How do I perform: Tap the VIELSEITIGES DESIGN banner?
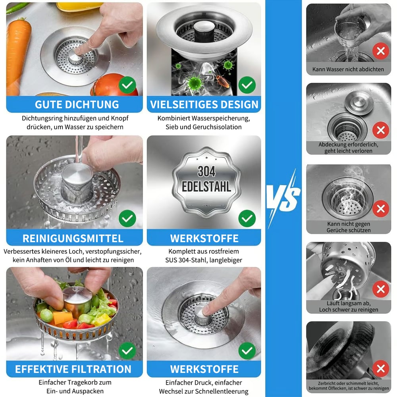point(204,104)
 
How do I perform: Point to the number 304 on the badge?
point(206,172)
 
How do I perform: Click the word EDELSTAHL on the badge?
point(206,187)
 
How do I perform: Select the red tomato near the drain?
point(115,86)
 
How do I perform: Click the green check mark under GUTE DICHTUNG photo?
point(127,85)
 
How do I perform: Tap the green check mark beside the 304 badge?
point(247,218)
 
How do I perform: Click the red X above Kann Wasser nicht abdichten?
point(381,50)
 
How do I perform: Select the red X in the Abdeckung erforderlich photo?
point(381,130)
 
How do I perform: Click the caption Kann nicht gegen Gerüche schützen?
point(349,227)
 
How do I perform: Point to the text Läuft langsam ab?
point(349,304)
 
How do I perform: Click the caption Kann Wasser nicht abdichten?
point(348,69)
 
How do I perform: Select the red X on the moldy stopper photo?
point(381,368)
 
